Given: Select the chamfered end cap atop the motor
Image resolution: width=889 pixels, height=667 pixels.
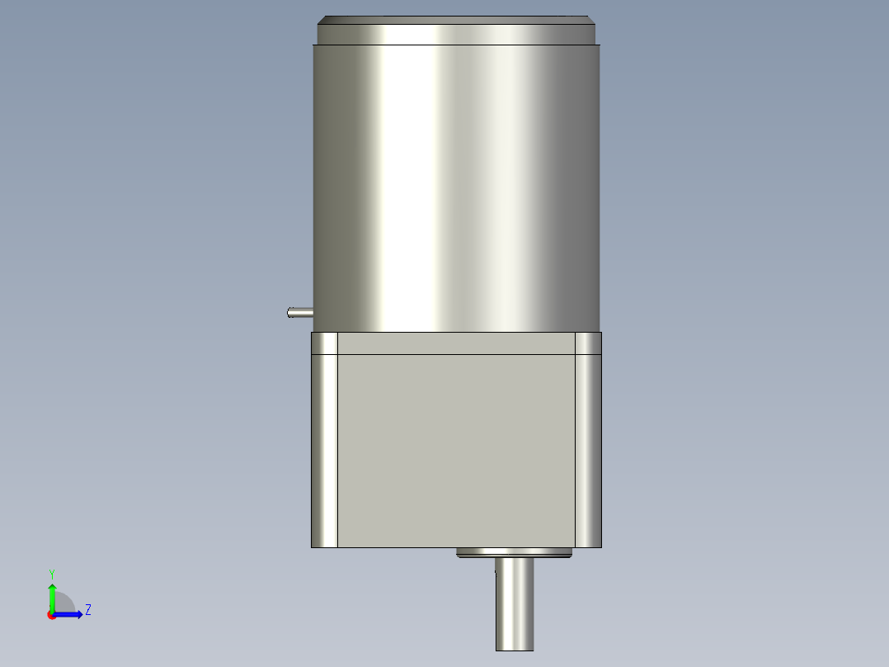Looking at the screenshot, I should [456, 31].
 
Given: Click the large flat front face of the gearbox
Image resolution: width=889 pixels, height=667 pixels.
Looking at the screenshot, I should [456, 450].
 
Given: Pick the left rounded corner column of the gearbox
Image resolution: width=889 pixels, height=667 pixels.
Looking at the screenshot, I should [325, 450].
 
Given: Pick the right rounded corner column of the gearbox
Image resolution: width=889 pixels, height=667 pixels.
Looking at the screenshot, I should [588, 450].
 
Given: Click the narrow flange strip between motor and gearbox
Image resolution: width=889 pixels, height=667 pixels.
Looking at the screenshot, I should [456, 343].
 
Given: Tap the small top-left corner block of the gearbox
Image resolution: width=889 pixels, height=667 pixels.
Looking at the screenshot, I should [325, 343].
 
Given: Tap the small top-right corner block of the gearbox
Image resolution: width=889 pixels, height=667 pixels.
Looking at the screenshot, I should [588, 343].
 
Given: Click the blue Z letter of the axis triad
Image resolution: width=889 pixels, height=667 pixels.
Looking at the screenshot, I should [87, 610].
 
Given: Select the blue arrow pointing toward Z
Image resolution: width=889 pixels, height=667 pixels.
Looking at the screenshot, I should [71, 614].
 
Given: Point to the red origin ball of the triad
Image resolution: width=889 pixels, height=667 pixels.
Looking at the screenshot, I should [52, 614].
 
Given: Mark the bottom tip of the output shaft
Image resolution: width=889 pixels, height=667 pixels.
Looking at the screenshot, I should [515, 648].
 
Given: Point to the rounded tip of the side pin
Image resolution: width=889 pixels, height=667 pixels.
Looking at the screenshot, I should [289, 312].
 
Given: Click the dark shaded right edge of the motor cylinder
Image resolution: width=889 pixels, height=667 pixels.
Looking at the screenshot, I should [587, 182].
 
